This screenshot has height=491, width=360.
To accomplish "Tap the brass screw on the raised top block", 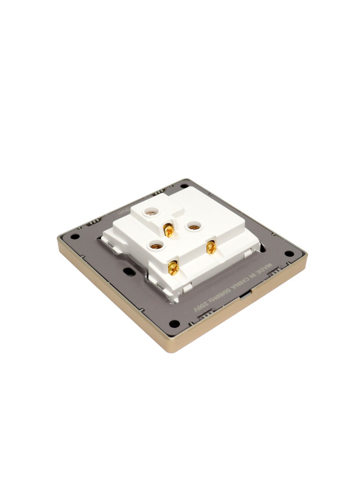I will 168,231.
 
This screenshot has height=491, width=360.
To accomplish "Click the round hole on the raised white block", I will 147,209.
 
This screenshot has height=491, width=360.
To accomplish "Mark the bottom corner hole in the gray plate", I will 176,322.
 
